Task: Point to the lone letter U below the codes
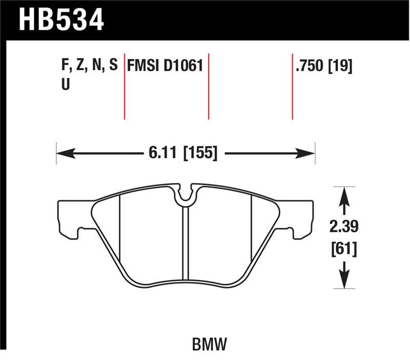[x=66, y=86]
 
